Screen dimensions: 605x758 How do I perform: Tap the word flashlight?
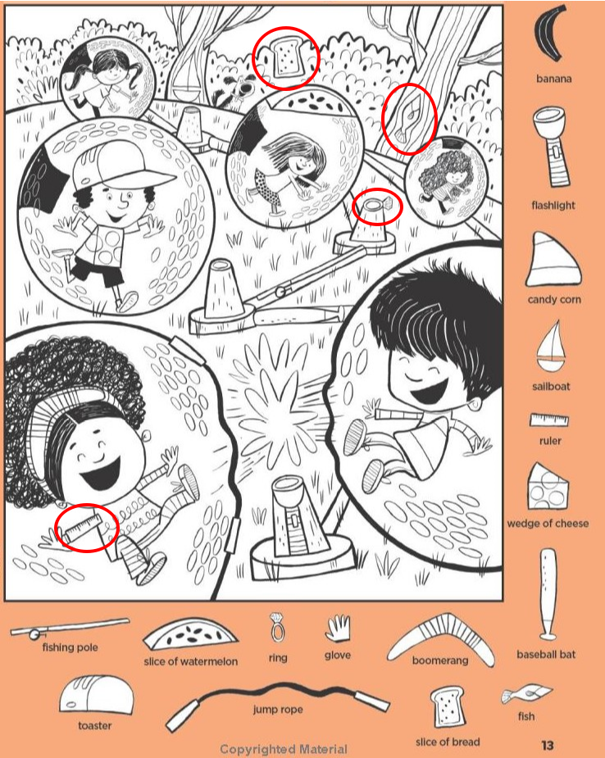tap(553, 206)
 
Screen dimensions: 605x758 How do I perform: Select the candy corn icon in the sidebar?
tap(553, 261)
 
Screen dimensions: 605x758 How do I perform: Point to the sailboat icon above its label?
tap(551, 346)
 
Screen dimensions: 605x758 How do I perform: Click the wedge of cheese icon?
tap(548, 487)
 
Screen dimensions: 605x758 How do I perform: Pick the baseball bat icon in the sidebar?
tap(548, 595)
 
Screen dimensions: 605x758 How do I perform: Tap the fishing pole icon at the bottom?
tap(70, 627)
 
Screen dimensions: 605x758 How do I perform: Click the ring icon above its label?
tap(278, 628)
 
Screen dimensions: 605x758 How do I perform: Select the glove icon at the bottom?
tap(338, 628)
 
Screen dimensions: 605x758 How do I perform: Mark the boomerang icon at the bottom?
tap(440, 638)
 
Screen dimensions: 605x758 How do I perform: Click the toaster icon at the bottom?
tap(96, 695)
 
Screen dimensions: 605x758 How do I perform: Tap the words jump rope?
tap(278, 709)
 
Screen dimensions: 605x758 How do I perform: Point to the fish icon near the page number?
tap(525, 695)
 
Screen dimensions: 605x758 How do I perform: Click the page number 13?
tap(548, 745)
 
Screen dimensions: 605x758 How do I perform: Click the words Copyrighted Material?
tap(284, 749)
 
